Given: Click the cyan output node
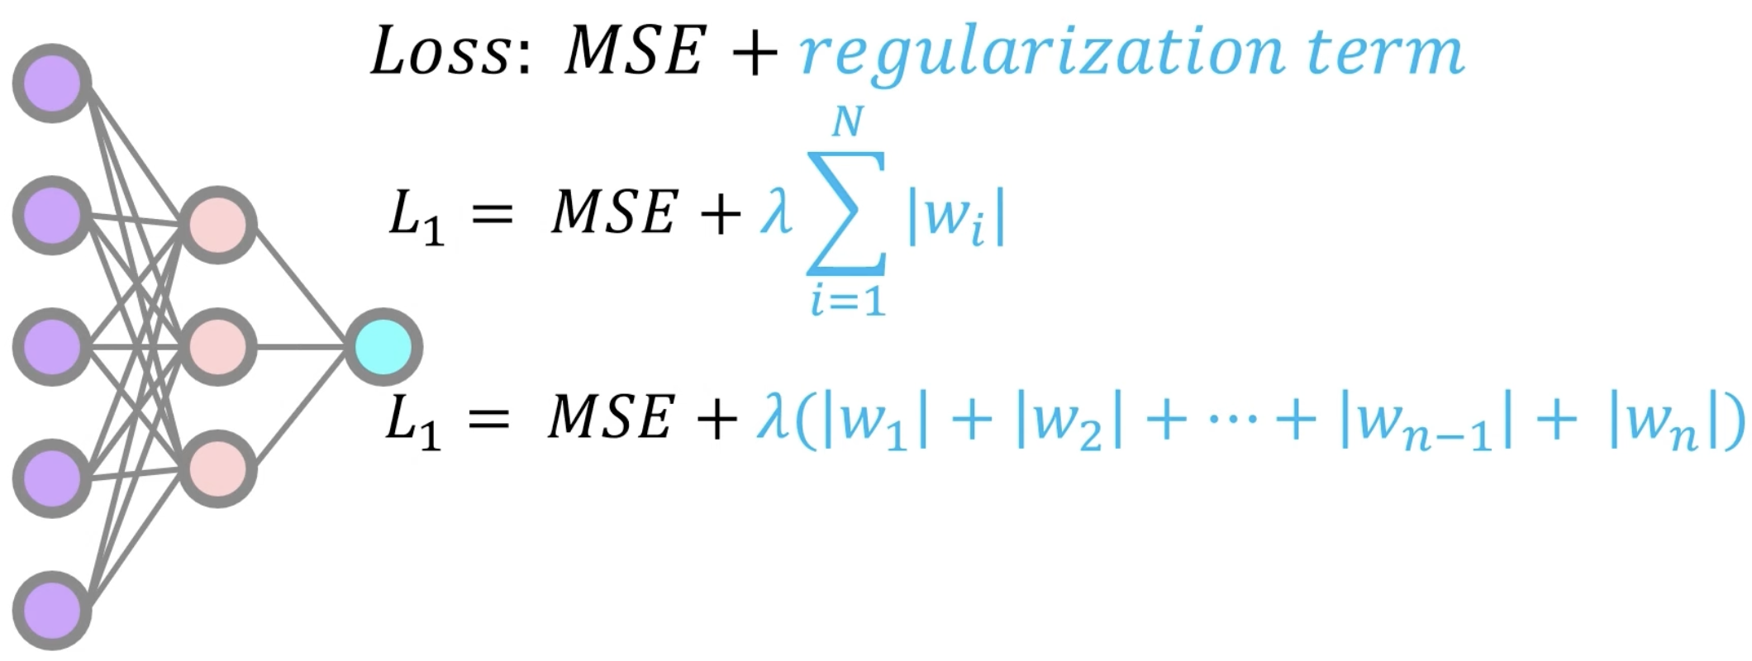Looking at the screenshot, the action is pos(383,347).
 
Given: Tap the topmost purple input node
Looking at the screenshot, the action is pos(52,83).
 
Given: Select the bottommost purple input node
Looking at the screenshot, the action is pos(52,611).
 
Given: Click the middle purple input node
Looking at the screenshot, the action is pos(52,347).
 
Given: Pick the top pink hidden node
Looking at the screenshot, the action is pos(218,225).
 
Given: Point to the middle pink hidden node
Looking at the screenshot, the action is pos(218,347).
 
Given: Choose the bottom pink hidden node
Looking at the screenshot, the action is pos(218,468).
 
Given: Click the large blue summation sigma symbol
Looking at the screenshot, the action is pos(846,213).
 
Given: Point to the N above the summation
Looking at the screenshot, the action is pos(847,124).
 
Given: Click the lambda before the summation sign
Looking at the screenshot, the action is pos(775,213).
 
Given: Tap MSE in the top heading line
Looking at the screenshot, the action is pos(633,52).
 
